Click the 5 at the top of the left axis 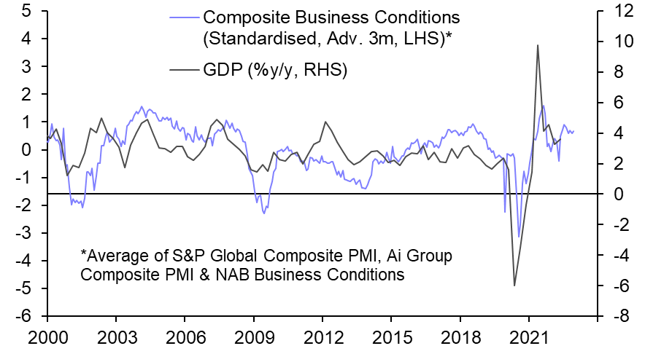pos(26,11)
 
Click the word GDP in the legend pos(223,71)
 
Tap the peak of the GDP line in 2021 pos(538,45)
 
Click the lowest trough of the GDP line pos(514,286)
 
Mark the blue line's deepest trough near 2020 pos(519,237)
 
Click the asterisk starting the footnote pos(84,256)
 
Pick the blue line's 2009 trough pos(264,213)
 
